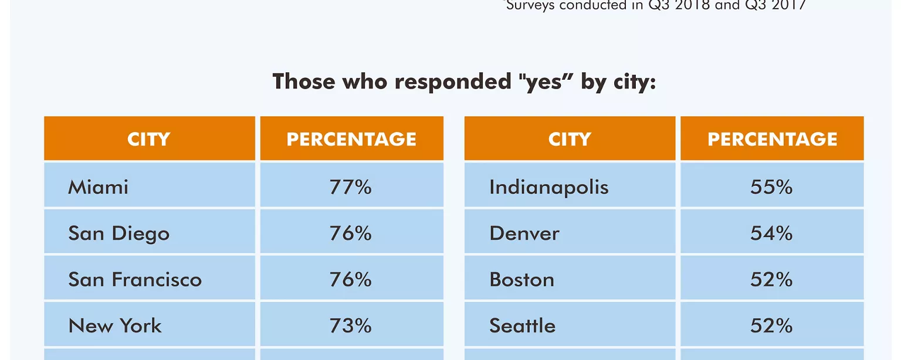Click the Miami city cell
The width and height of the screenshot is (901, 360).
[98, 187]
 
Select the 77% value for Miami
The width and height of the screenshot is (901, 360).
[351, 187]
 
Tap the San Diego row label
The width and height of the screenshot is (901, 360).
[118, 233]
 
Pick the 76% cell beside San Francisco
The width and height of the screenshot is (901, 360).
[351, 279]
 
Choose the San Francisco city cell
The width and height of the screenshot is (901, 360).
[135, 279]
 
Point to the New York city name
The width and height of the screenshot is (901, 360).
[115, 325]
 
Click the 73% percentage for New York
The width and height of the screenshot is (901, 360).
[351, 325]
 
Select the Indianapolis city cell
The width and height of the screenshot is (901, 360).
[548, 187]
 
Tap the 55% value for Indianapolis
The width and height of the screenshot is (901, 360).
[771, 187]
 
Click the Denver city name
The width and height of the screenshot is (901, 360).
[524, 233]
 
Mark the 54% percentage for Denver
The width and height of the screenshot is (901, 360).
[771, 233]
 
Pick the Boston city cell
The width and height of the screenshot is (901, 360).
[521, 279]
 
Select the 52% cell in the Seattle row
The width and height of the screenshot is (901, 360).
[771, 325]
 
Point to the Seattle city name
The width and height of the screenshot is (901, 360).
[522, 325]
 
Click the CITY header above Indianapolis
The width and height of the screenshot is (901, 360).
[569, 139]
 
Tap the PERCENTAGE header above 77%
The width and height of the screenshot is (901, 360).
[351, 139]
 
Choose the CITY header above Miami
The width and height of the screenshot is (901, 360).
[149, 139]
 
